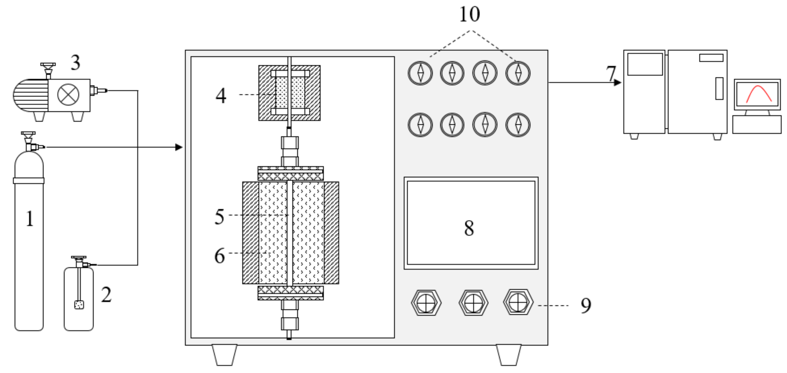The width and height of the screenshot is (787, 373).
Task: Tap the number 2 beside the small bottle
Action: (106, 295)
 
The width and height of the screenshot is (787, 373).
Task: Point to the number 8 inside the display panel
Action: (469, 228)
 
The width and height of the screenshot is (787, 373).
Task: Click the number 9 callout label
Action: (586, 305)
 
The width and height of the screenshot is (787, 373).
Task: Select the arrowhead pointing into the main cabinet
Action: (179, 147)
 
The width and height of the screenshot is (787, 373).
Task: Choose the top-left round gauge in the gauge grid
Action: (420, 73)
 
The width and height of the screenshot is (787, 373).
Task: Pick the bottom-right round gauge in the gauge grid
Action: (518, 125)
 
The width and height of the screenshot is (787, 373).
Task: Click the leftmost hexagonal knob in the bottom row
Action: (426, 303)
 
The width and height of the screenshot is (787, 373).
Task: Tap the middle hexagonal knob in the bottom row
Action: (473, 303)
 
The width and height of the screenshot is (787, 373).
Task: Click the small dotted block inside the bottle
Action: (79, 304)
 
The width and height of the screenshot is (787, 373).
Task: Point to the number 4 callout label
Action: (221, 95)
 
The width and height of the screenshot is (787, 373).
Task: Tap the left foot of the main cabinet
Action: (225, 355)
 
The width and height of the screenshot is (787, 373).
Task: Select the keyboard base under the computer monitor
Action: (757, 124)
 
